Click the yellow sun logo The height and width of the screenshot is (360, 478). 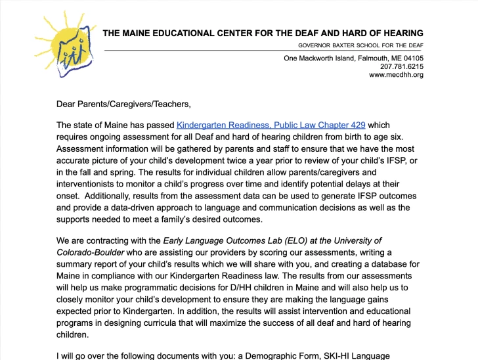pyautogui.click(x=66, y=43)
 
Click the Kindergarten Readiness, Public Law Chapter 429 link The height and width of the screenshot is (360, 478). pyautogui.click(x=271, y=125)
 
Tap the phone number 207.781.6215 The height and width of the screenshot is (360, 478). pyautogui.click(x=401, y=66)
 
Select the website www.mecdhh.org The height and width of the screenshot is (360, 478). pyautogui.click(x=396, y=75)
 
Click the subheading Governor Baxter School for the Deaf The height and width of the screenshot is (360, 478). pyautogui.click(x=360, y=45)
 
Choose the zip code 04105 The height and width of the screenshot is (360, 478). pyautogui.click(x=412, y=58)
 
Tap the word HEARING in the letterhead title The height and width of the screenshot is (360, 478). pyautogui.click(x=400, y=33)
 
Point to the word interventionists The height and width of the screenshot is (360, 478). pyautogui.click(x=90, y=184)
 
